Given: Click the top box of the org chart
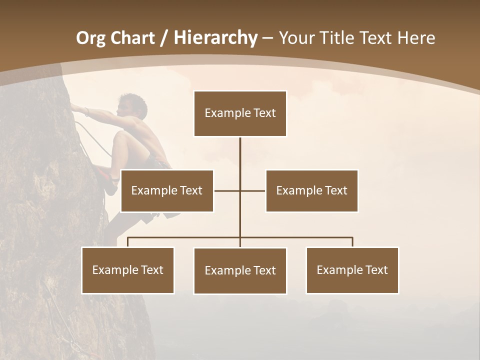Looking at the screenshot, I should pos(240,113).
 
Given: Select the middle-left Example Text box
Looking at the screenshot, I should pos(167,190).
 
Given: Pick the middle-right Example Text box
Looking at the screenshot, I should pos(311,190).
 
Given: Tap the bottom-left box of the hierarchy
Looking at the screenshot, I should pos(128,270).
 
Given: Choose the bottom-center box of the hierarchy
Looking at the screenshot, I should pos(240,270).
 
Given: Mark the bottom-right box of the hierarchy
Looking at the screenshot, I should pos(352,270).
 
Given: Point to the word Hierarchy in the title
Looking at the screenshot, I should pos(215,38).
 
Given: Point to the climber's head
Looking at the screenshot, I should pos(133,105).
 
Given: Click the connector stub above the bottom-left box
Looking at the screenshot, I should pos(128,242).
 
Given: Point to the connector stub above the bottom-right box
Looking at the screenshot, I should pos(352,242).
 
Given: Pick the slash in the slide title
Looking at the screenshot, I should pos(164,38).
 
